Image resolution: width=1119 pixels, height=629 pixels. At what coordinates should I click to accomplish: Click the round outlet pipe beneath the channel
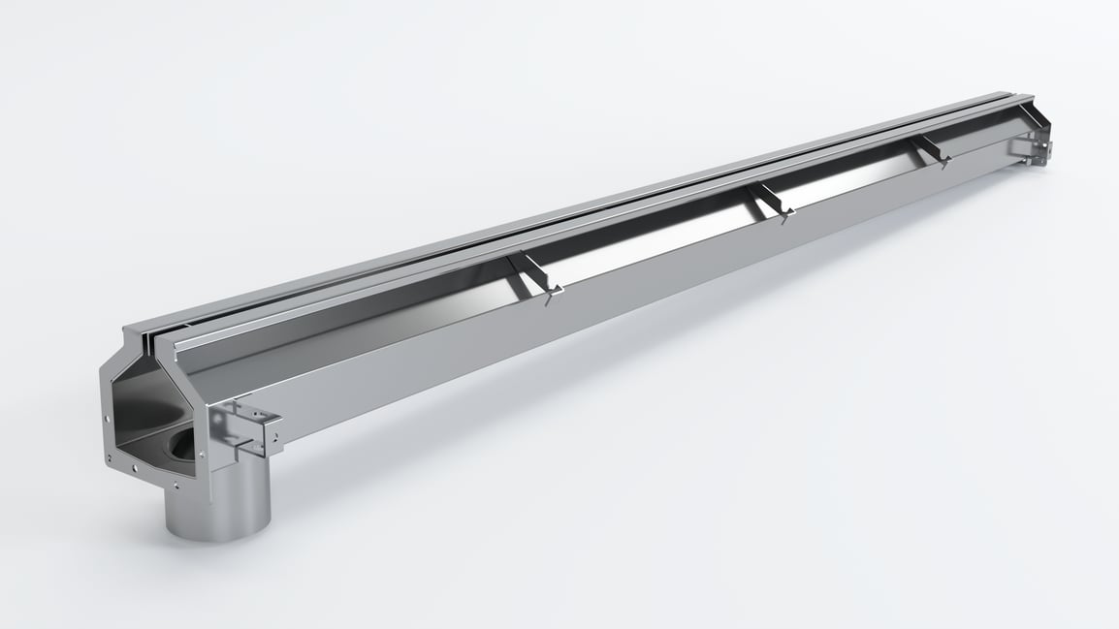[216, 504]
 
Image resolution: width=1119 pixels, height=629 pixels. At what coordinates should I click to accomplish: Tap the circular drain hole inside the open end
[184, 447]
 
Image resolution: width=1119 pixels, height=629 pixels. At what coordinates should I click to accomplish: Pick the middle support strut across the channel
[770, 201]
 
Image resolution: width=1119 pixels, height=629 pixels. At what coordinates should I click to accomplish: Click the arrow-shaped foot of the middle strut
[783, 217]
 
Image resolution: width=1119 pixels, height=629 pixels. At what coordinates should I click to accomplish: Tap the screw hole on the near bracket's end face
[275, 435]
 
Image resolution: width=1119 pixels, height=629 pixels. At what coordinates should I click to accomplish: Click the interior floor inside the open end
[145, 441]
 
